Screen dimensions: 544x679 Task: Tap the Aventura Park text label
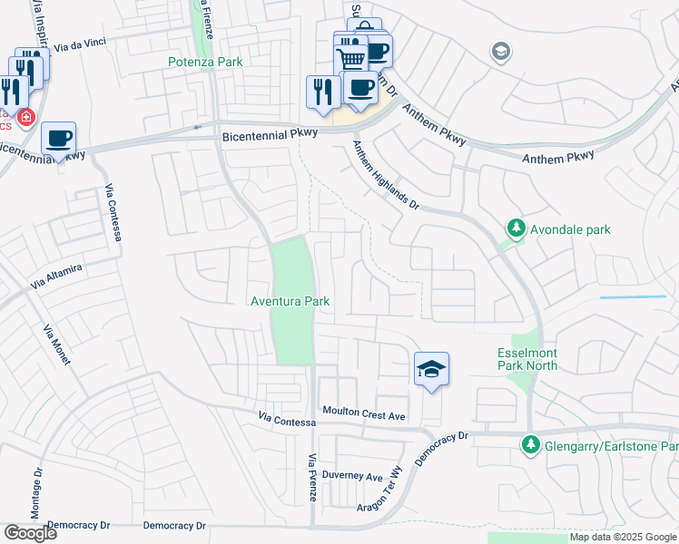click(x=290, y=301)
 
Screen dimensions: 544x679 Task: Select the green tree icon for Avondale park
click(x=516, y=228)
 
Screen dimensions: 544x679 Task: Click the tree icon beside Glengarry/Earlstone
click(x=530, y=445)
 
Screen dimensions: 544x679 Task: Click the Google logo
click(x=30, y=533)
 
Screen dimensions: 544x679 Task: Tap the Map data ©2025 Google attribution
click(x=623, y=537)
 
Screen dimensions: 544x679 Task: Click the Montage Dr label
click(x=37, y=493)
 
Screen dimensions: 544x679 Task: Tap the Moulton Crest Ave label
click(x=363, y=413)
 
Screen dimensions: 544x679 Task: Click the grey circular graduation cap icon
click(x=499, y=53)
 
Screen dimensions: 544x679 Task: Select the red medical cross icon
click(x=26, y=117)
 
